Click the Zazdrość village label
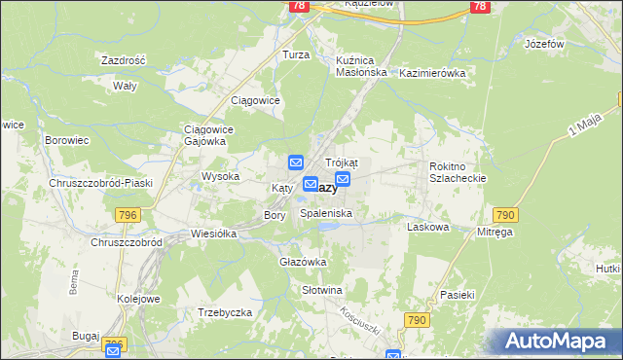123,60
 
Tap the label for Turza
296,55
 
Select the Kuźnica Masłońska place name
361,65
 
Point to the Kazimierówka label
433,73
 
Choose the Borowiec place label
67,140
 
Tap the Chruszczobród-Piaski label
95,183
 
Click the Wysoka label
220,177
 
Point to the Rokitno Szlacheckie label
457,172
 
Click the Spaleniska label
326,212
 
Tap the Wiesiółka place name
215,234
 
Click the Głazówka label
303,262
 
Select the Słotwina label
322,290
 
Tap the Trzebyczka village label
225,312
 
